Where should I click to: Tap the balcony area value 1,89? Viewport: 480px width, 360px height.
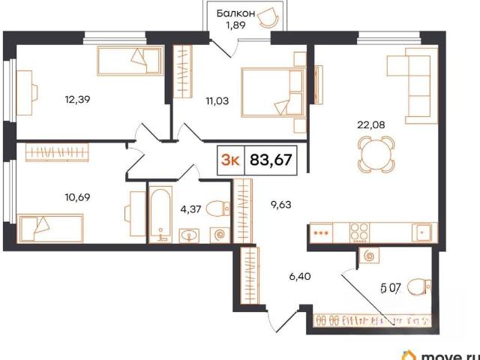(x=235, y=25)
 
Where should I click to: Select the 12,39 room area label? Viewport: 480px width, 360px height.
(x=77, y=99)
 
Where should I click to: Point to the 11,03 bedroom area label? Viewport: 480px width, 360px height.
(x=217, y=100)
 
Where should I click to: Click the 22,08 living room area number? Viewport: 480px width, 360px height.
(x=371, y=125)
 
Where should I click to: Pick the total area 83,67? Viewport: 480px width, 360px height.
(x=271, y=160)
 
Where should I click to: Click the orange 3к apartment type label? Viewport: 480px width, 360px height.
(x=230, y=160)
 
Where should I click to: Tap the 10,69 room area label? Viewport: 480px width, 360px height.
(x=77, y=197)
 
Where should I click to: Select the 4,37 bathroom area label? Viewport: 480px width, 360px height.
(x=190, y=209)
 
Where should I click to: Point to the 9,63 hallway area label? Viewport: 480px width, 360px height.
(x=280, y=205)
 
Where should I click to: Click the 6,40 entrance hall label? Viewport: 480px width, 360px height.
(x=300, y=277)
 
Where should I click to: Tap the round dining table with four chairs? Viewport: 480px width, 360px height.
(x=376, y=154)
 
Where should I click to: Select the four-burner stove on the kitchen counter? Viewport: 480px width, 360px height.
(x=359, y=232)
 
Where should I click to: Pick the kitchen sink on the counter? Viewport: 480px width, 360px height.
(x=421, y=232)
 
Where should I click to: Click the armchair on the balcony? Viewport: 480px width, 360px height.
(x=268, y=17)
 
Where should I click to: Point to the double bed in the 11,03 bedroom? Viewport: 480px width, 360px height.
(x=273, y=92)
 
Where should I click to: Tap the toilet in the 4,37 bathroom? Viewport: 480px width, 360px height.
(x=218, y=208)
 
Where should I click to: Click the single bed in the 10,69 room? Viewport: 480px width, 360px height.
(x=50, y=228)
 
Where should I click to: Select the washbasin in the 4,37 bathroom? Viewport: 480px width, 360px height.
(x=189, y=235)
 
